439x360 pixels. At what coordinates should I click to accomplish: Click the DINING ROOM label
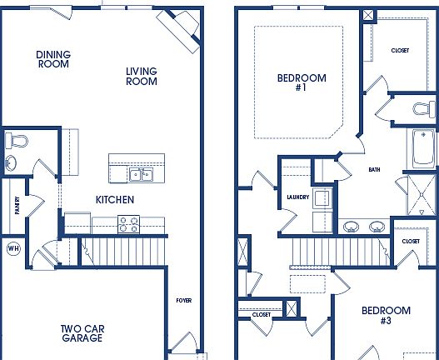53,59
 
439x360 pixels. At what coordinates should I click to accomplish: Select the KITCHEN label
114,200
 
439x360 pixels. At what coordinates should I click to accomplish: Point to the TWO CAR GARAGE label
82,333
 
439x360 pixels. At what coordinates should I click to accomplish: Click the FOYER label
183,300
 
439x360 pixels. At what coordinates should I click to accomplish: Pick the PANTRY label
17,206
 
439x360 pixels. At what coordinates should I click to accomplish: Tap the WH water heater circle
12,248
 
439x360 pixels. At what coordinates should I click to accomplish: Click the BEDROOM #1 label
302,83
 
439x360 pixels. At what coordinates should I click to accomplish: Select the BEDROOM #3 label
386,316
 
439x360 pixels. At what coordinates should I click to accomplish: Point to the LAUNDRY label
297,197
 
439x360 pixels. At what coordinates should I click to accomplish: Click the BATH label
374,170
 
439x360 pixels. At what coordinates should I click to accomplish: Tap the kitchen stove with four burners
128,223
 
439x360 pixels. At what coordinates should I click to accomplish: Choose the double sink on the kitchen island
140,174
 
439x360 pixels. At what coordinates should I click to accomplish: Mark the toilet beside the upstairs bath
425,107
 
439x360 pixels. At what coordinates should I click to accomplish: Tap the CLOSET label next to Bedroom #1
400,51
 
